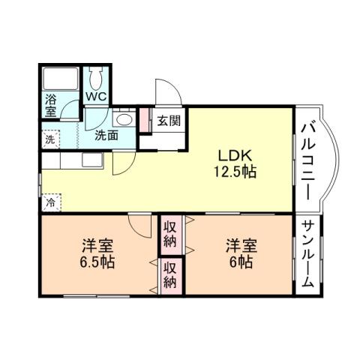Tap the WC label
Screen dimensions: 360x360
pyautogui.click(x=95, y=96)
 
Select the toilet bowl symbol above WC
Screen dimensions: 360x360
pyautogui.click(x=96, y=77)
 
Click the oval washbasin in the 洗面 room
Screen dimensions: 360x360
pyautogui.click(x=124, y=120)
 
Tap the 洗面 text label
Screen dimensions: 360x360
pyautogui.click(x=106, y=136)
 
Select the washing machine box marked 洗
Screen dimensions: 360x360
pyautogui.click(x=49, y=138)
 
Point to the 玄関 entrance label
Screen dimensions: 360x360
pyautogui.click(x=167, y=121)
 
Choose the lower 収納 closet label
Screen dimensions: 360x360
pyautogui.click(x=170, y=274)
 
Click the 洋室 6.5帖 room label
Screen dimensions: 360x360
pyautogui.click(x=97, y=254)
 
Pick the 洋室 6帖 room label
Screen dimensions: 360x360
pyautogui.click(x=241, y=254)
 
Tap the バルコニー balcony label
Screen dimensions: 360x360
pyautogui.click(x=307, y=160)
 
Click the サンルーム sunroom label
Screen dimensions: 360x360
pyautogui.click(x=307, y=254)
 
